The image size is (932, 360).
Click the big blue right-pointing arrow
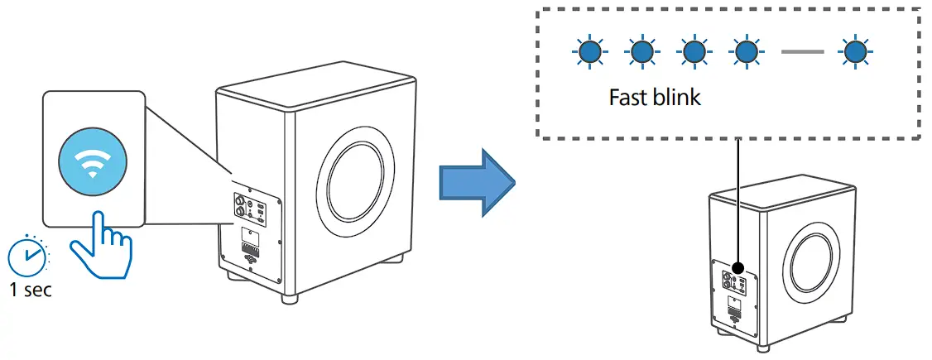click(x=474, y=180)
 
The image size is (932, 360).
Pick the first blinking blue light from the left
click(x=588, y=53)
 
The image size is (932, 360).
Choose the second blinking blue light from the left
click(x=640, y=53)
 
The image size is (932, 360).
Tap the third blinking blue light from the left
click(x=693, y=53)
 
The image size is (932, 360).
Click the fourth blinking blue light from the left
click(x=745, y=53)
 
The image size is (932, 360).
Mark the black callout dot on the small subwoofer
click(x=737, y=268)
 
